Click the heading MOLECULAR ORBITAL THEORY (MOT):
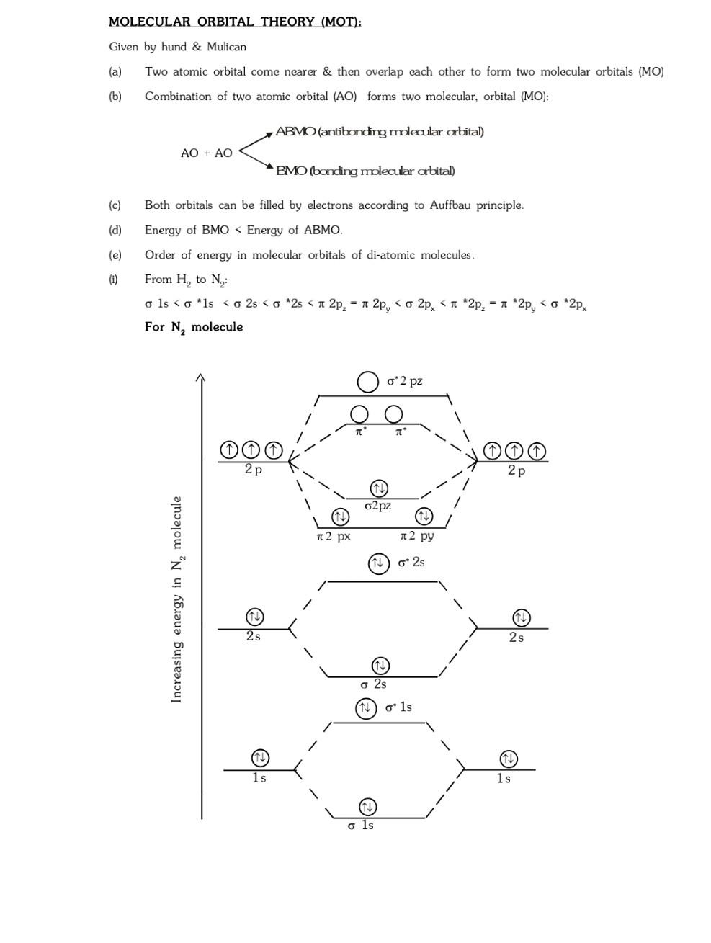(235, 22)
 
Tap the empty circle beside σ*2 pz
(368, 382)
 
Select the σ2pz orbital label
(378, 506)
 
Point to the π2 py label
(417, 536)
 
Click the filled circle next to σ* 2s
(379, 563)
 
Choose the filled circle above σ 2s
(380, 665)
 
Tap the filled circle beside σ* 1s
(366, 708)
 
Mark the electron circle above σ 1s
(367, 806)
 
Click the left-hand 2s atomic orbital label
(253, 636)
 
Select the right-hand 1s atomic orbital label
(504, 779)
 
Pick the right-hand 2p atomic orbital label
(517, 470)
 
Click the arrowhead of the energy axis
(201, 377)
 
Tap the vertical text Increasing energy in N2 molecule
(177, 599)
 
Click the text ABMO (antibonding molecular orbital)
(380, 132)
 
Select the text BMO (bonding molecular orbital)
(365, 171)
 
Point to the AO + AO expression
(207, 153)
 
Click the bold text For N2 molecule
(194, 327)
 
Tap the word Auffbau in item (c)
(450, 205)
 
